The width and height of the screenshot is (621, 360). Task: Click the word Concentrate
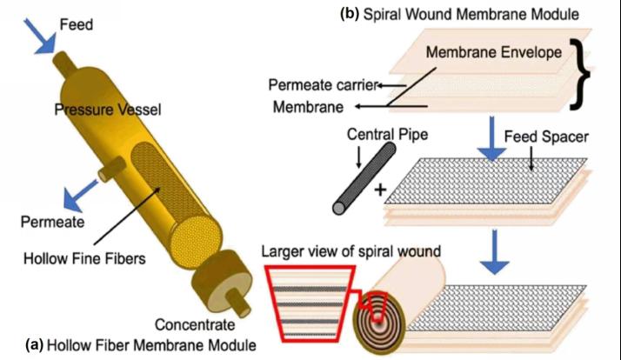pos(194,325)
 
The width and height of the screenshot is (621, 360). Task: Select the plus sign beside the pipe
pos(380,189)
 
